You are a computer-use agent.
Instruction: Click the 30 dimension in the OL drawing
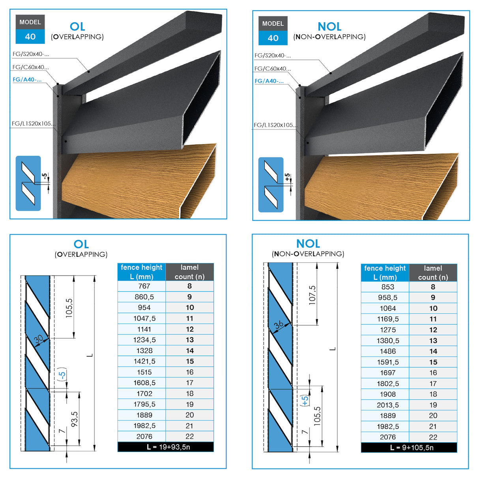point(39,339)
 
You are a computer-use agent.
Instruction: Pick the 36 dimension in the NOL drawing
point(279,324)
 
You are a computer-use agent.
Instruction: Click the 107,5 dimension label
point(312,295)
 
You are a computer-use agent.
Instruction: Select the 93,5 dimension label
point(74,419)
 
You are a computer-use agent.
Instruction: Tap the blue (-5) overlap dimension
point(62,374)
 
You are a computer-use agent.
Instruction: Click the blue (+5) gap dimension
point(305,400)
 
